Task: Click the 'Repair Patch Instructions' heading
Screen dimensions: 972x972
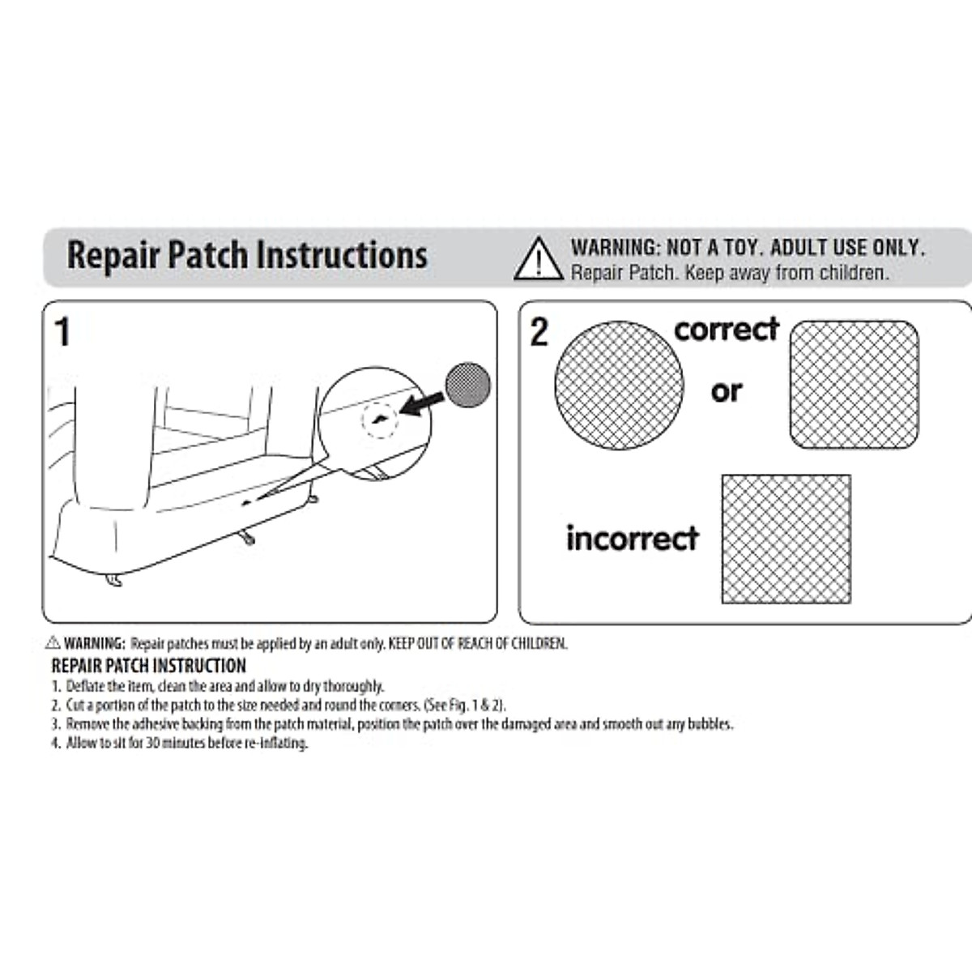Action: [x=247, y=255]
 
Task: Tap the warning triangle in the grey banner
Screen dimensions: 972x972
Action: [x=538, y=260]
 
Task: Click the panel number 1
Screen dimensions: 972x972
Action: [x=62, y=333]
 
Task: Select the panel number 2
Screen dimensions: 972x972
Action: [x=539, y=332]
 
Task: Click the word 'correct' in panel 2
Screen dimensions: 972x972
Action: [x=726, y=330]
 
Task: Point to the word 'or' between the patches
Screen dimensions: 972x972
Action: [x=727, y=392]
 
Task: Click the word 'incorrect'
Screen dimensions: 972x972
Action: [x=632, y=539]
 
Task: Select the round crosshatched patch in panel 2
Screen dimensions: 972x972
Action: [x=619, y=385]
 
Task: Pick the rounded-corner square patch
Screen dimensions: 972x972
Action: [x=854, y=385]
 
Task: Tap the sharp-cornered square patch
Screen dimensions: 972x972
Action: [x=786, y=539]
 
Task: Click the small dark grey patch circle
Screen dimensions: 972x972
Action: [x=468, y=385]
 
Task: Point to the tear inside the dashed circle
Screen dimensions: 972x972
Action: [x=379, y=419]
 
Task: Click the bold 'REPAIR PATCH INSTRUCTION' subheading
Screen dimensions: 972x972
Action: [x=148, y=666]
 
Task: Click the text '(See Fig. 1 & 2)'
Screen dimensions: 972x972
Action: [x=465, y=706]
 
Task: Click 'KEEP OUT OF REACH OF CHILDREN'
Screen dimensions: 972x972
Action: [x=478, y=644]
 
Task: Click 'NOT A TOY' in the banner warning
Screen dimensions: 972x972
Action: [x=713, y=248]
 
